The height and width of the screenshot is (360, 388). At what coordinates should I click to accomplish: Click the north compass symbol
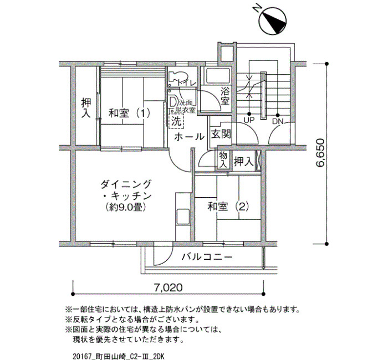[x=272, y=21]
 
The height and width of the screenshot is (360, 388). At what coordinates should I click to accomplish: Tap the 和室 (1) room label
[x=130, y=114]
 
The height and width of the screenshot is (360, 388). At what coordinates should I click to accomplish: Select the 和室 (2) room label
[x=228, y=207]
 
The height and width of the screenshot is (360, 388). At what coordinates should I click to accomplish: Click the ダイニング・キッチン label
[x=126, y=190]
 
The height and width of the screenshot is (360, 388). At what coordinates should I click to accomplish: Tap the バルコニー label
[x=207, y=257]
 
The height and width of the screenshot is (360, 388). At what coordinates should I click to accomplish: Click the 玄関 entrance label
[x=221, y=134]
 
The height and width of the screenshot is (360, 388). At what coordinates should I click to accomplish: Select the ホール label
[x=190, y=137]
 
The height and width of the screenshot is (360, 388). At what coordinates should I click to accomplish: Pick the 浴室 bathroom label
[x=224, y=96]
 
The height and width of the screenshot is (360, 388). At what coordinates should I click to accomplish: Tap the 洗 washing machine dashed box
[x=176, y=121]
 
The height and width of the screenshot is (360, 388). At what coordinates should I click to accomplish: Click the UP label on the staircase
[x=249, y=120]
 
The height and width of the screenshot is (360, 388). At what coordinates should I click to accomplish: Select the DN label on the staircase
[x=278, y=121]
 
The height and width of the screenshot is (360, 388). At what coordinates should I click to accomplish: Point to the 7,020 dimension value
[x=168, y=287]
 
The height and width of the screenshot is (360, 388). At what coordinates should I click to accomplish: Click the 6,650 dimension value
[x=320, y=153]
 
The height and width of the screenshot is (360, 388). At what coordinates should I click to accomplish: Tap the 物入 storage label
[x=223, y=160]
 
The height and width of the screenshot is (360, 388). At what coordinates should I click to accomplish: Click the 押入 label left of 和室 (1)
[x=86, y=108]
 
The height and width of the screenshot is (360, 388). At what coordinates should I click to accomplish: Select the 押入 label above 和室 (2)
[x=244, y=162]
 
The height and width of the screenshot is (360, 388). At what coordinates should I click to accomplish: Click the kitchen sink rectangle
[x=182, y=217]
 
